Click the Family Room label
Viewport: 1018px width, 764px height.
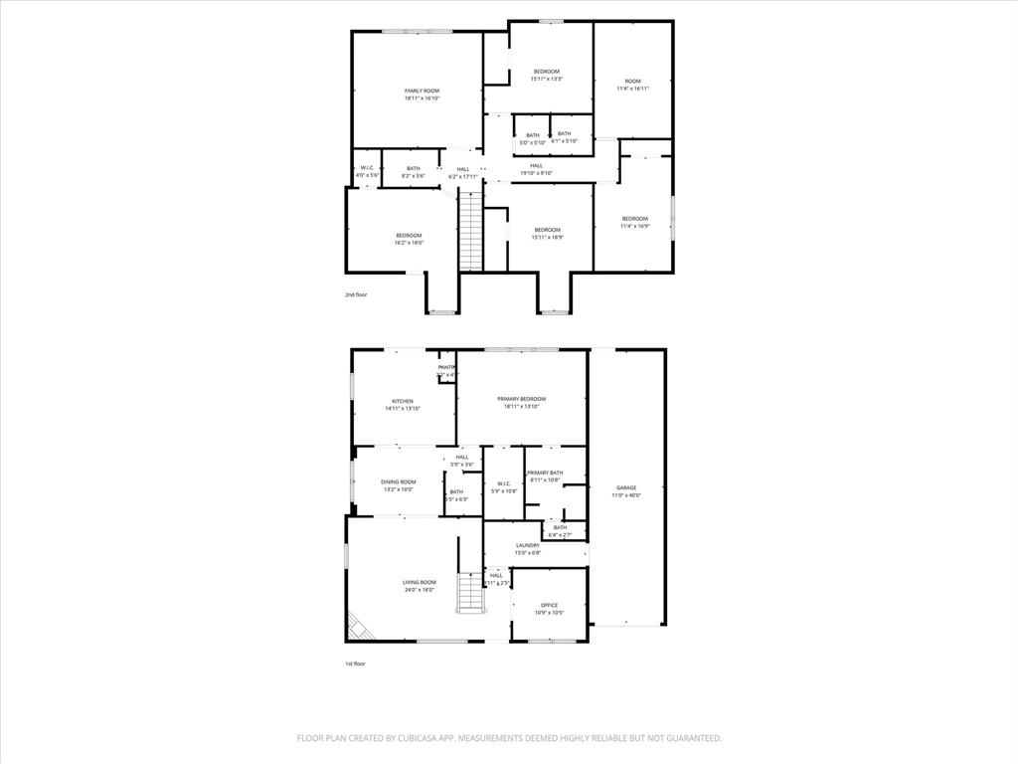pyautogui.click(x=422, y=91)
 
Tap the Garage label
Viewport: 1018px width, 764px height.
pyautogui.click(x=626, y=487)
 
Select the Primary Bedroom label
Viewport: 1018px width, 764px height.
pyautogui.click(x=521, y=399)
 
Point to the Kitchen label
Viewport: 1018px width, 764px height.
pyautogui.click(x=402, y=401)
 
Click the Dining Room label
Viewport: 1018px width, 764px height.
pyautogui.click(x=398, y=481)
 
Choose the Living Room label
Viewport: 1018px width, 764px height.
pyautogui.click(x=419, y=582)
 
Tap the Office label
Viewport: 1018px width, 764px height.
pyautogui.click(x=549, y=605)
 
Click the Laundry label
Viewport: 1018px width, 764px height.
pyautogui.click(x=528, y=545)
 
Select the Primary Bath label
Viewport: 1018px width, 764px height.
pyautogui.click(x=545, y=473)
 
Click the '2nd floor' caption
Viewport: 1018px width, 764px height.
pyautogui.click(x=356, y=294)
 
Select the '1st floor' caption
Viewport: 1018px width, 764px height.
pyautogui.click(x=356, y=664)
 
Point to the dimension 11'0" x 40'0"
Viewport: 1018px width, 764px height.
pyautogui.click(x=626, y=495)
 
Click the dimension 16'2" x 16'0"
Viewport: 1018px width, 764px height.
pyautogui.click(x=409, y=243)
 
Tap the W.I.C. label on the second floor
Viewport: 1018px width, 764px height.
pyautogui.click(x=367, y=167)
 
